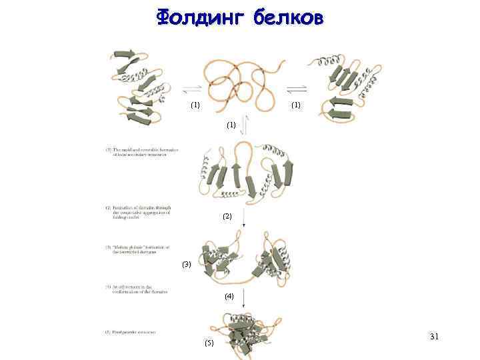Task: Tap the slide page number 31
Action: (x=434, y=337)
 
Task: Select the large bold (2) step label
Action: (x=227, y=217)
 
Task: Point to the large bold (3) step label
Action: (x=186, y=265)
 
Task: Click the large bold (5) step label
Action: (x=209, y=343)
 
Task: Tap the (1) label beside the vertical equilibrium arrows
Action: (x=231, y=125)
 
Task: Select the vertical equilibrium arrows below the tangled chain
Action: (x=245, y=125)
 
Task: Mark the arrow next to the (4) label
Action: (x=243, y=296)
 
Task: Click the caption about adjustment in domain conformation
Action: (x=137, y=289)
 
